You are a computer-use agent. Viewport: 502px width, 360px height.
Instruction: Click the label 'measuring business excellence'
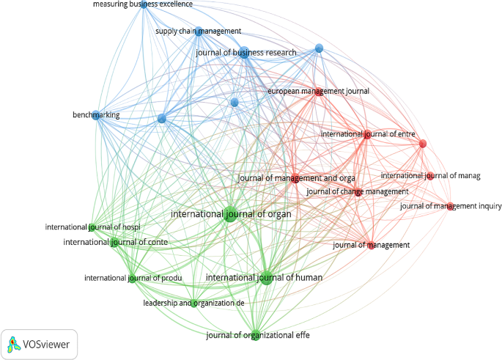click(142, 4)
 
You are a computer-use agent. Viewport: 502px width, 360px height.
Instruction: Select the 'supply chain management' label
click(198, 32)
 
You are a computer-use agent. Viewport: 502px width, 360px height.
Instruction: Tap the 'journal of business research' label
click(246, 53)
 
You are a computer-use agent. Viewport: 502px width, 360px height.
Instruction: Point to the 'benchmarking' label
click(96, 115)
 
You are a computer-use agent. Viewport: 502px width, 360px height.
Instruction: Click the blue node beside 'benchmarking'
click(95, 114)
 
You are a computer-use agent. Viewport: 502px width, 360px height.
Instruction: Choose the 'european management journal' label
click(318, 92)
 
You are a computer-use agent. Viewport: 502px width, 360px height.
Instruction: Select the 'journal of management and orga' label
click(297, 178)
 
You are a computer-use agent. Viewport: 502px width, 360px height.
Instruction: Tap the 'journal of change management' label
click(357, 192)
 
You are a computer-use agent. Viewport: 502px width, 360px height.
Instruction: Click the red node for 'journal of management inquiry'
click(450, 206)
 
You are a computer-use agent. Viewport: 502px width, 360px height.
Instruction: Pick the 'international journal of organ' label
click(230, 215)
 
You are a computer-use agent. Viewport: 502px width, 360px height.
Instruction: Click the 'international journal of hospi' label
click(92, 227)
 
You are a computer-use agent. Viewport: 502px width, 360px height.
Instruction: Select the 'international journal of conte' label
click(115, 243)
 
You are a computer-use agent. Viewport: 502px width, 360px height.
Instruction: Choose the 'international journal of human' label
click(265, 278)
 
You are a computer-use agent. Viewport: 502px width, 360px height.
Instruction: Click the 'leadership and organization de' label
click(193, 303)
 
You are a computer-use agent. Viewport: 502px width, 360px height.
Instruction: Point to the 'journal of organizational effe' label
click(254, 337)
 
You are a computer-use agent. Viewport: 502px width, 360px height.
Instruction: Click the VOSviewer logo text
click(48, 344)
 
